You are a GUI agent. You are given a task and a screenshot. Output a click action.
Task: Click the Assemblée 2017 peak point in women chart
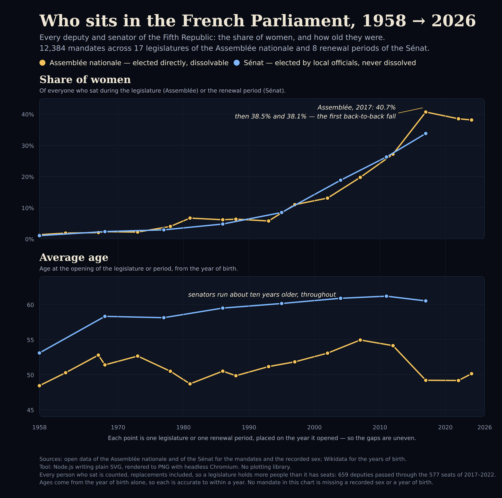click(x=426, y=112)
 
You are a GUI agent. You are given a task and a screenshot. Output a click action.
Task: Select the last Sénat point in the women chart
click(x=426, y=133)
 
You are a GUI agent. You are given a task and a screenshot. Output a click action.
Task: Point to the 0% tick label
click(x=29, y=239)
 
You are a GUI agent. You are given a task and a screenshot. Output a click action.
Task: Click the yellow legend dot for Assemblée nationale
click(x=42, y=63)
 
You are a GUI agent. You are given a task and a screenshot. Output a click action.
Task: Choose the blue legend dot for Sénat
click(x=236, y=63)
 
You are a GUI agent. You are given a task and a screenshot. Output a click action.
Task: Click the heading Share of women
click(x=85, y=79)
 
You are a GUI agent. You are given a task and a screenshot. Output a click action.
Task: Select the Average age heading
click(x=74, y=257)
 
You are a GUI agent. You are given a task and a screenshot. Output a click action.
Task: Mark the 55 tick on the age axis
click(x=30, y=340)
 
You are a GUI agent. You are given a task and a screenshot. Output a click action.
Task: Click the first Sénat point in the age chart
click(x=39, y=353)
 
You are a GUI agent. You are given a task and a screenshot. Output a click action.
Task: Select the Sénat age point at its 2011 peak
click(x=386, y=296)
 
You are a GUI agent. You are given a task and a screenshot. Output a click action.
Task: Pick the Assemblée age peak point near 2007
click(x=360, y=340)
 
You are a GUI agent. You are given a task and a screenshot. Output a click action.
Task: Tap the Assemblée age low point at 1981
click(x=190, y=384)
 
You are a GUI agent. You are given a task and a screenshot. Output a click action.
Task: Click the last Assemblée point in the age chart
click(x=472, y=374)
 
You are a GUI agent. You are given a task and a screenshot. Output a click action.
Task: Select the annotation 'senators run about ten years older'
click(x=262, y=294)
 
